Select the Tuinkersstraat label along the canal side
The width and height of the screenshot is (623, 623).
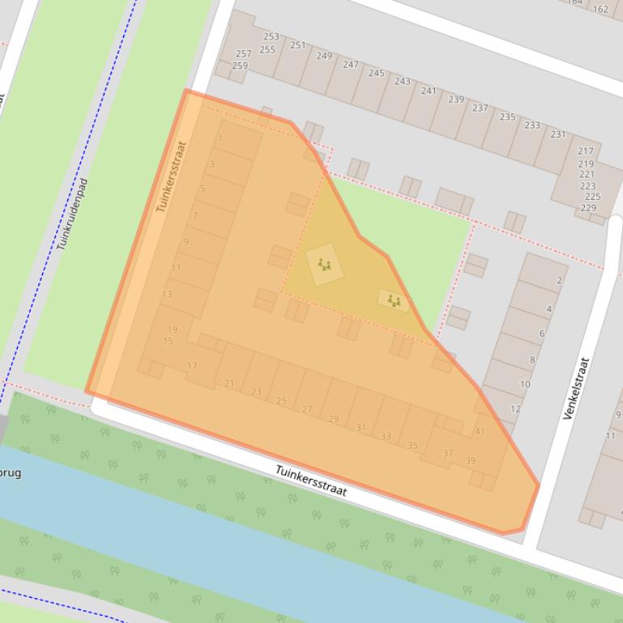click(x=311, y=481)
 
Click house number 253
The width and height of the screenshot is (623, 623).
click(x=271, y=36)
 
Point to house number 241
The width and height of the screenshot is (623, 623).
click(x=429, y=91)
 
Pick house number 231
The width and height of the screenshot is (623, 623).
click(x=558, y=133)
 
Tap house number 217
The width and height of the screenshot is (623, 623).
click(x=586, y=151)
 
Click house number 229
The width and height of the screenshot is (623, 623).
click(x=589, y=208)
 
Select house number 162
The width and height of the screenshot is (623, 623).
click(x=600, y=10)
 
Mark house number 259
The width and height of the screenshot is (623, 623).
click(x=240, y=66)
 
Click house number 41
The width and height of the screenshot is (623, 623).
click(x=480, y=430)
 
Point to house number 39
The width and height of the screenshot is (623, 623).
click(x=471, y=460)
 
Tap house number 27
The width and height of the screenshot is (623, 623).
click(x=307, y=409)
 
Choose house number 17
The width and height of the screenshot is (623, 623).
click(x=192, y=366)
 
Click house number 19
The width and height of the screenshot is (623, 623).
click(x=172, y=329)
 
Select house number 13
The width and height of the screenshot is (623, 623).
click(x=167, y=295)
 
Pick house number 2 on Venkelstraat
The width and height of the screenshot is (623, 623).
click(x=559, y=281)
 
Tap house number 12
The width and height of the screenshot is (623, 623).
click(x=515, y=409)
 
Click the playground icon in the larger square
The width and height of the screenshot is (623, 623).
click(x=324, y=265)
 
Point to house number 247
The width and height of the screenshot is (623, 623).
click(x=350, y=65)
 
